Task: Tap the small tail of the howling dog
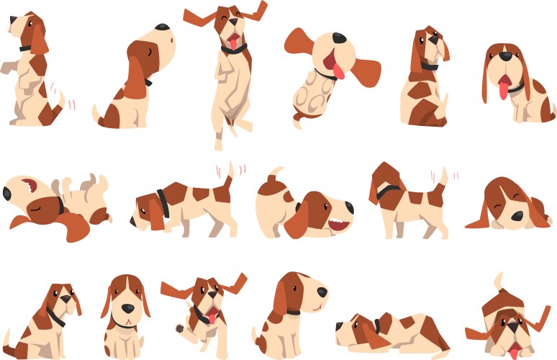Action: [96, 113]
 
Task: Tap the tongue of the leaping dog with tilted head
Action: [338, 70]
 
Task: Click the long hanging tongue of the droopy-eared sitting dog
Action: [503, 89]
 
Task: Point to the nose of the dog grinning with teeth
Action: [350, 207]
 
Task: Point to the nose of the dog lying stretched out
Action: [340, 326]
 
